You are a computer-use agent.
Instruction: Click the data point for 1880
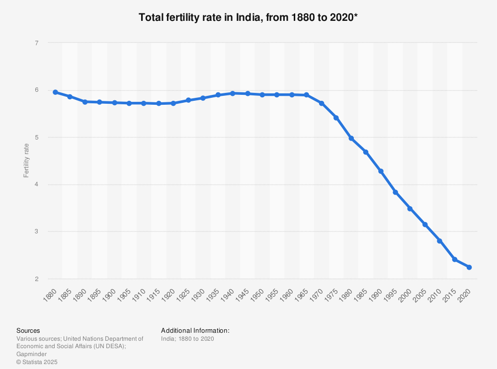point(55,92)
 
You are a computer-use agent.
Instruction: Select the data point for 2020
point(469,267)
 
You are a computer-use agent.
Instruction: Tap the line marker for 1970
point(322,103)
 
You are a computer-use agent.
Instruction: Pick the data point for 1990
point(381,171)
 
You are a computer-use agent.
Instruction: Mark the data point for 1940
point(233,93)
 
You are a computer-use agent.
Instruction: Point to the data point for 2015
point(454,259)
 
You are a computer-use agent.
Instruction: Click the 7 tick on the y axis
point(37,43)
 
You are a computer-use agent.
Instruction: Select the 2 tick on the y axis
point(37,279)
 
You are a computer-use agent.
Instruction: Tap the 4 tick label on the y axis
point(37,185)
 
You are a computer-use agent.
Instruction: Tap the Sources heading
point(28,330)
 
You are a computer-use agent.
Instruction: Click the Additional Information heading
point(195,330)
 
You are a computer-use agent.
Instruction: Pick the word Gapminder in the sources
point(32,354)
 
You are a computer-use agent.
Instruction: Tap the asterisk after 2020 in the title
point(356,16)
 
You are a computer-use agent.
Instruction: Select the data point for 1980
point(351,139)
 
